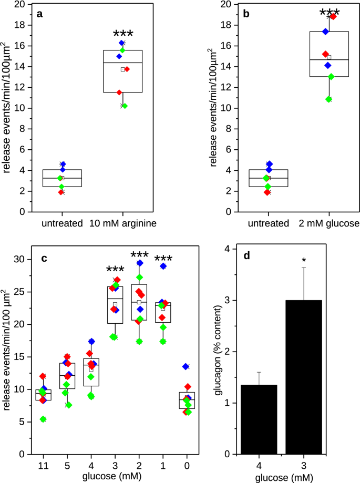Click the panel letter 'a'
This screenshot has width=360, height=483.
pos(39,15)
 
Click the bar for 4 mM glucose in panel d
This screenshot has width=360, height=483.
pos(259,419)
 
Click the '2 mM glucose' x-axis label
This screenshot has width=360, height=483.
pos(329,223)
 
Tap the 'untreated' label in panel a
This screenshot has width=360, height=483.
pos(62,223)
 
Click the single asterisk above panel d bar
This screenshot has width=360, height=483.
pos(303,260)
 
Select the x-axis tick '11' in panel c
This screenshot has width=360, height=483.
pos(43,466)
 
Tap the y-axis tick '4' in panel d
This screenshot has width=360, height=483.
pos(225,249)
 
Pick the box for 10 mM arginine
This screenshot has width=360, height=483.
pos(123,71)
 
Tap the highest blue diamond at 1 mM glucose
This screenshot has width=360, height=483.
pos(163,266)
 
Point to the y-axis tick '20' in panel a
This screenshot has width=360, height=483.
pos(20,5)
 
